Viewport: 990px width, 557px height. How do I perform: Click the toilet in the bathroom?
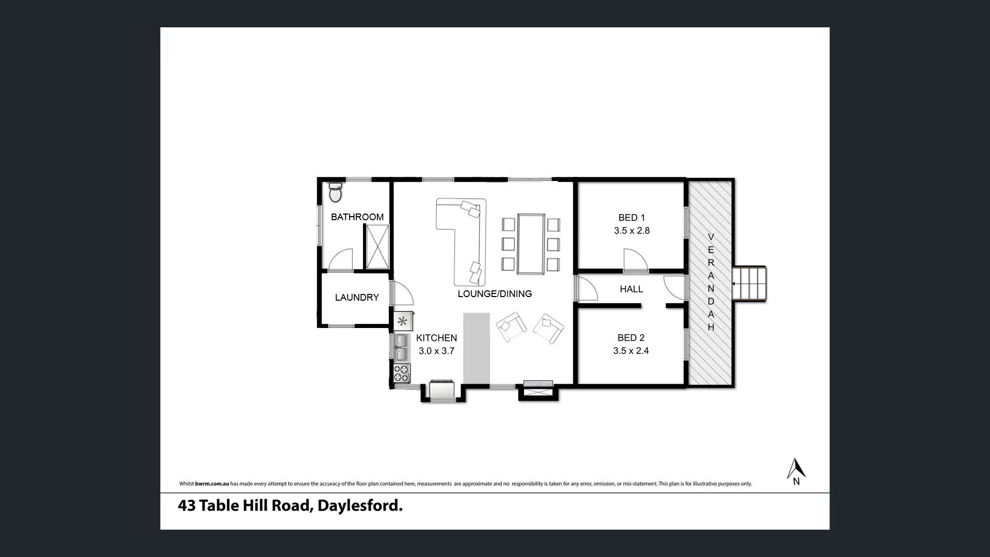(335, 192)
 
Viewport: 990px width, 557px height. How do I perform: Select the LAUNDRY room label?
(357, 297)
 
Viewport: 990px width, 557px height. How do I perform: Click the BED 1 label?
(632, 218)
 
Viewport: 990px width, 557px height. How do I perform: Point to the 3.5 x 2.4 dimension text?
(631, 351)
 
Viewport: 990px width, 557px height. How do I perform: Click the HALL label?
(632, 289)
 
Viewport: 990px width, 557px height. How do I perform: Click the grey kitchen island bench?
(476, 348)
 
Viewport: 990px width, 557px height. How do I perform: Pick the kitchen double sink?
(402, 347)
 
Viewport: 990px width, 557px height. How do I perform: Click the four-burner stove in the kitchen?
(402, 373)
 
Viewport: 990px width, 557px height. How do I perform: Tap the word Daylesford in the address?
(360, 506)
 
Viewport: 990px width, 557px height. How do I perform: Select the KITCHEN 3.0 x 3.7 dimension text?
(437, 345)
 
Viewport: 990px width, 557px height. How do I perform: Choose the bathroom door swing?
(340, 260)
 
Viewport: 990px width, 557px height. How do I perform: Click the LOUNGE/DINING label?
(494, 294)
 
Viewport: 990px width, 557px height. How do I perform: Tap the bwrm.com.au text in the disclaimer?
(211, 484)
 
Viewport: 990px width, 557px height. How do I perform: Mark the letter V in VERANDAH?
(711, 237)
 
